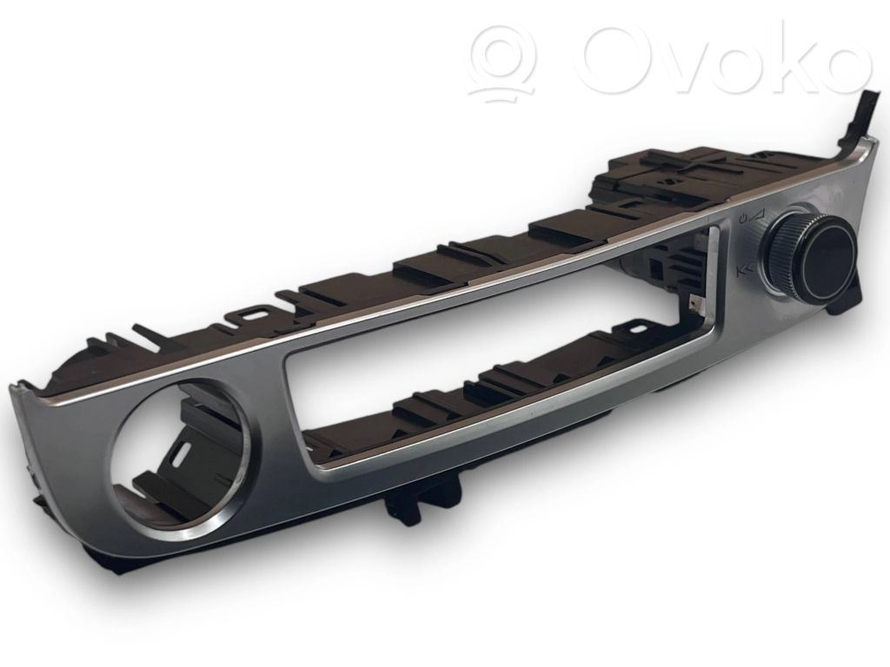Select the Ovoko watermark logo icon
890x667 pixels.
point(503,60)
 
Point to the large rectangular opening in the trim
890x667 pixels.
point(500,352)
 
